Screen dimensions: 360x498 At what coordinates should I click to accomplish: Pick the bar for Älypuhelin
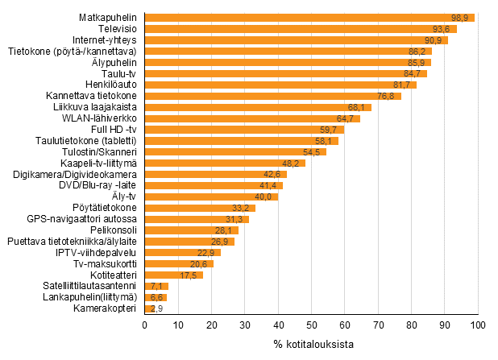click(x=288, y=63)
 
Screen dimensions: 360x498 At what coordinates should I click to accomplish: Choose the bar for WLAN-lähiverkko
click(x=252, y=118)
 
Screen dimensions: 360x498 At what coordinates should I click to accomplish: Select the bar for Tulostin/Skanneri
click(x=235, y=151)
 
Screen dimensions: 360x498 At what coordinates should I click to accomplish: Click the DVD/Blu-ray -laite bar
click(x=214, y=185)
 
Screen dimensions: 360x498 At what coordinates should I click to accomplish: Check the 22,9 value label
click(x=209, y=252)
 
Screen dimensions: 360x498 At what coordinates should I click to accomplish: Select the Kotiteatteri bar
click(x=173, y=275)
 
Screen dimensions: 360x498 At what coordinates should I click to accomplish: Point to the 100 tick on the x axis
click(x=478, y=325)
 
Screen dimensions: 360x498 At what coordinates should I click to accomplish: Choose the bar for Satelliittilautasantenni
click(x=156, y=286)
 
